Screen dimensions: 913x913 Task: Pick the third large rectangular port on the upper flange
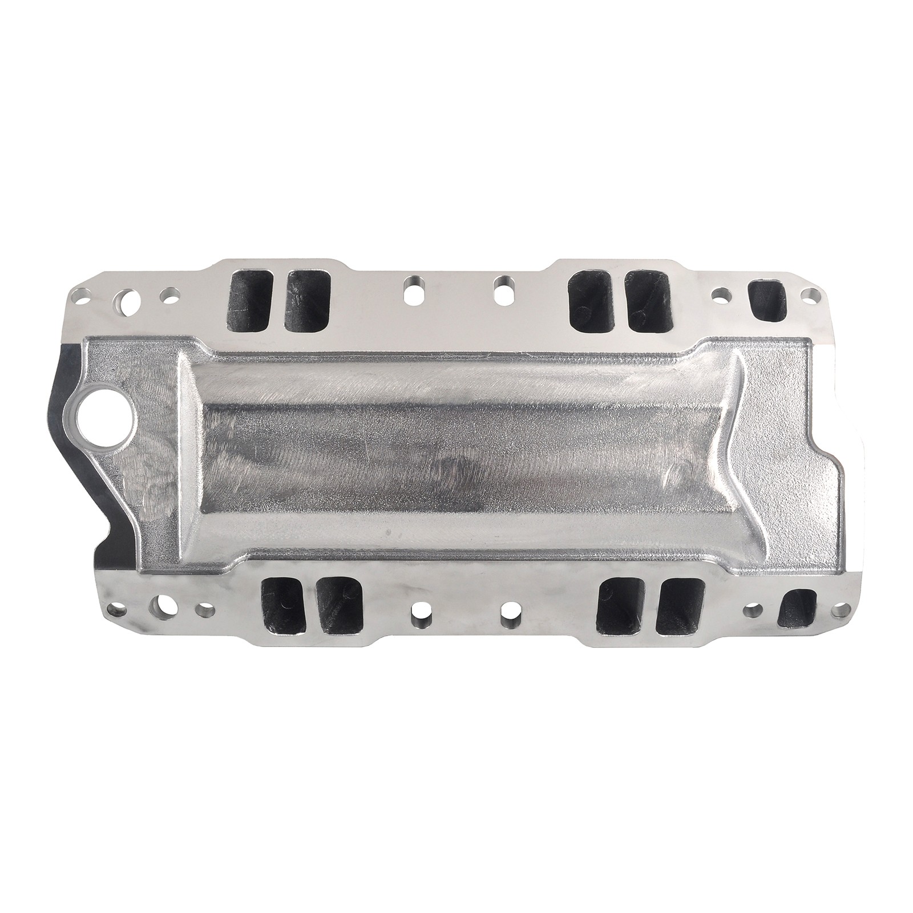coord(592,300)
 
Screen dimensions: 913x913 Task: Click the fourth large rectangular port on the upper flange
coord(648,300)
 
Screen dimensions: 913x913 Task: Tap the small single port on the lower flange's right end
coord(798,609)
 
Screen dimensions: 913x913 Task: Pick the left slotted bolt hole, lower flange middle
coord(419,616)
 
